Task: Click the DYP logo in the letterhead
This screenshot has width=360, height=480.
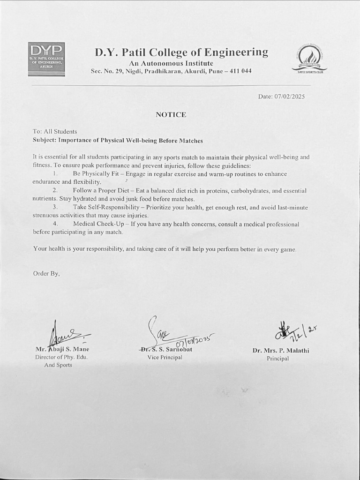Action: click(x=46, y=59)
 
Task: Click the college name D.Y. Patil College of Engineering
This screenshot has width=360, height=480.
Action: click(x=181, y=52)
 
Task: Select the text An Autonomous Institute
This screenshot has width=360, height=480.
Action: click(x=171, y=63)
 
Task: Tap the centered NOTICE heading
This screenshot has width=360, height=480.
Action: click(x=171, y=114)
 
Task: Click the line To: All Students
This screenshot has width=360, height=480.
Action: click(x=55, y=132)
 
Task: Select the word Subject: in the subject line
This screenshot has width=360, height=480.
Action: click(x=45, y=140)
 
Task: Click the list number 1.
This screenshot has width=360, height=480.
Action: click(x=55, y=174)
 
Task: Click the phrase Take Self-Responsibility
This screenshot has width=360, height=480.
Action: click(x=106, y=208)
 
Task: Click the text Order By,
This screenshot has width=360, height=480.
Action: click(x=46, y=273)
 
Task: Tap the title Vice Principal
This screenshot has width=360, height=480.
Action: click(x=165, y=357)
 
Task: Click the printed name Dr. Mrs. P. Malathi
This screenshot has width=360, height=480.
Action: click(x=281, y=350)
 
